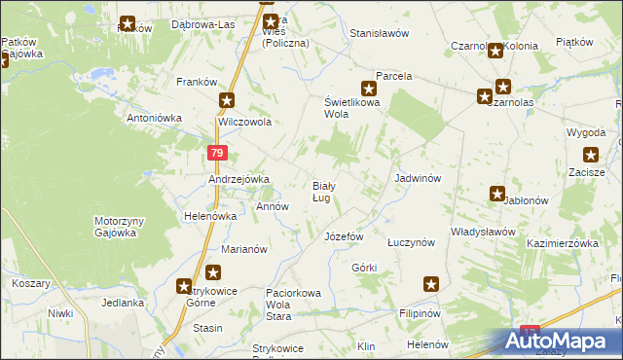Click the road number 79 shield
[217, 153]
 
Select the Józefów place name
[343, 236]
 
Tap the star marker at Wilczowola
[227, 100]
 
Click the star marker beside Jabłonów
[497, 194]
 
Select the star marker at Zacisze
[590, 154]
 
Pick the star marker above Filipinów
[431, 284]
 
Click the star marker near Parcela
[369, 87]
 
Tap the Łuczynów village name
[410, 243]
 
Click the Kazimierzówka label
[562, 243]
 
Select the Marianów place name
[244, 249]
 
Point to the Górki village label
[364, 268]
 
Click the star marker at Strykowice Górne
[184, 286]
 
